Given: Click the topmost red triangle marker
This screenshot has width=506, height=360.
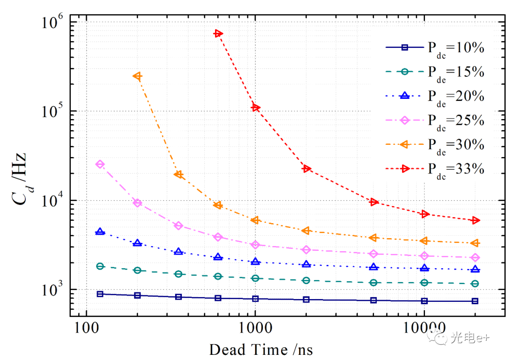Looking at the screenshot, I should coord(218,33).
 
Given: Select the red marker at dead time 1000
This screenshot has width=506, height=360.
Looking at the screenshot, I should coord(255,107).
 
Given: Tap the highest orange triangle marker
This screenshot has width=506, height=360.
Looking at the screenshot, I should coord(137,76).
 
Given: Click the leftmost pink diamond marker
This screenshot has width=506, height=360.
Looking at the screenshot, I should coord(100,164).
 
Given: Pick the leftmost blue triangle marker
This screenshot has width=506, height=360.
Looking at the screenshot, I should coord(100,232).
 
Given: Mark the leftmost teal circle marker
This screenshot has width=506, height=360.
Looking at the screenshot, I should coord(100,266).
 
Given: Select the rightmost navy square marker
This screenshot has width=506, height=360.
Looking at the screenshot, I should coord(475,301).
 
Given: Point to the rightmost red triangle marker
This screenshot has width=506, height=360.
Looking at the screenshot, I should coord(475,220).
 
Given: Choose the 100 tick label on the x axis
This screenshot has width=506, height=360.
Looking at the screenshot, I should coord(86,324).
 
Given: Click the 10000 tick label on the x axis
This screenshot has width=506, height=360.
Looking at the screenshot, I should coord(424,324).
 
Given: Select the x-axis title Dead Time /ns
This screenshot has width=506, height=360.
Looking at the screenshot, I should coord(261,350).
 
